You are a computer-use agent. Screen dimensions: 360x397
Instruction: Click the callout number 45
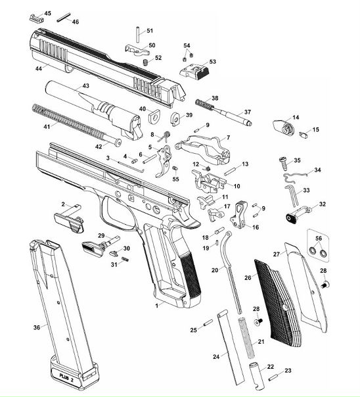pos(47,13)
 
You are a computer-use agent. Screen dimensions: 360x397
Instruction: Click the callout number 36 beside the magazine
pos(37,327)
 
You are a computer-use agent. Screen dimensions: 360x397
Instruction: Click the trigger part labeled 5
pos(164,161)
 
